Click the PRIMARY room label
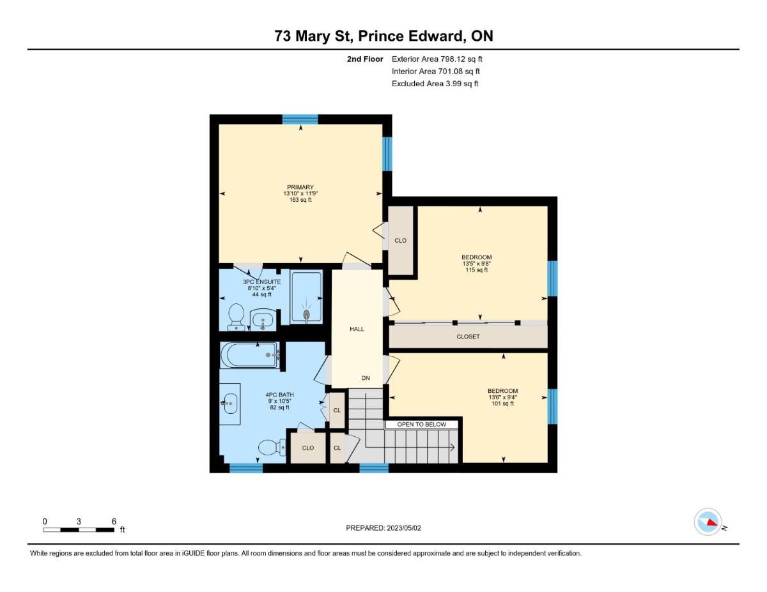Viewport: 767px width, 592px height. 300,187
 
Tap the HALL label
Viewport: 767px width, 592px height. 357,329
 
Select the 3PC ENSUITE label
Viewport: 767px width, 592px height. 261,282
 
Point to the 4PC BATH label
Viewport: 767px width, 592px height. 279,395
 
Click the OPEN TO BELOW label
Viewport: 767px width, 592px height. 421,425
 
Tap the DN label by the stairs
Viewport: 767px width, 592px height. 366,378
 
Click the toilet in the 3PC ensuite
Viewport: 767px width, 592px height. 236,317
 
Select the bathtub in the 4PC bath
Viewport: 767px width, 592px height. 250,355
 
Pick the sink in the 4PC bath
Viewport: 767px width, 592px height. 230,404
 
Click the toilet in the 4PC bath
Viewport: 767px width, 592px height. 272,448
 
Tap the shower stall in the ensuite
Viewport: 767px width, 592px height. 306,296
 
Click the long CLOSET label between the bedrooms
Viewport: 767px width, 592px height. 468,337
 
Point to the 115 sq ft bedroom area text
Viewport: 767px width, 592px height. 477,270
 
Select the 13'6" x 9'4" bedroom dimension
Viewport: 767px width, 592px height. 502,397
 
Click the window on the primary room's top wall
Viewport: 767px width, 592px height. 300,119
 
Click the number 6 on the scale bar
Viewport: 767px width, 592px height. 114,521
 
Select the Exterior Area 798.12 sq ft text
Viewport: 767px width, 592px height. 437,59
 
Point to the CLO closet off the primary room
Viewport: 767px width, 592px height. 400,241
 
